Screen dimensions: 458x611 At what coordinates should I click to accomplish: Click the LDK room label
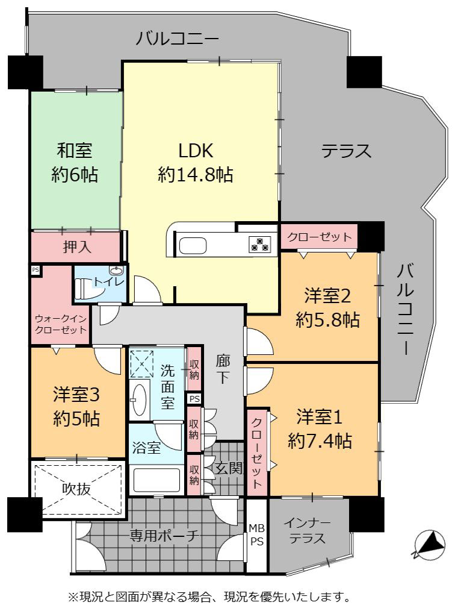[196, 151]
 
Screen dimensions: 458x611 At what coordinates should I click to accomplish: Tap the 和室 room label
[74, 151]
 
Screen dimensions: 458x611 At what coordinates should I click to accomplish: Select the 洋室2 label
[327, 296]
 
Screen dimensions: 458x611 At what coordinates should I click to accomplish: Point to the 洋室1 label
[320, 417]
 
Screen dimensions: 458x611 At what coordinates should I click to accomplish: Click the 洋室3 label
[76, 395]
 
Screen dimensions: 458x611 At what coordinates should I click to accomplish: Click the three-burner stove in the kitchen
[259, 244]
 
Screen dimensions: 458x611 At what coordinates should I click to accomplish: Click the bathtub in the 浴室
[157, 480]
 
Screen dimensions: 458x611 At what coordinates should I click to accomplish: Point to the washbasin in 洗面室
[139, 399]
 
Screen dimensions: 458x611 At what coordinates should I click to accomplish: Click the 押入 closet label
[76, 246]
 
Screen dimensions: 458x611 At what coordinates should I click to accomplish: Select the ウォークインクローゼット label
[61, 324]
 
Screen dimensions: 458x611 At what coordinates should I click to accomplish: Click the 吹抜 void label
[76, 489]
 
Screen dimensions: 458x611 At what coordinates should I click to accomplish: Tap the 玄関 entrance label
[229, 468]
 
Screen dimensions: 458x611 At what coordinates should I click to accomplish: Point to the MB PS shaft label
[256, 534]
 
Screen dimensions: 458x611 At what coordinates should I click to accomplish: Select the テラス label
[346, 151]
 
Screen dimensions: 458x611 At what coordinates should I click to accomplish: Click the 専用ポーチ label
[164, 536]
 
